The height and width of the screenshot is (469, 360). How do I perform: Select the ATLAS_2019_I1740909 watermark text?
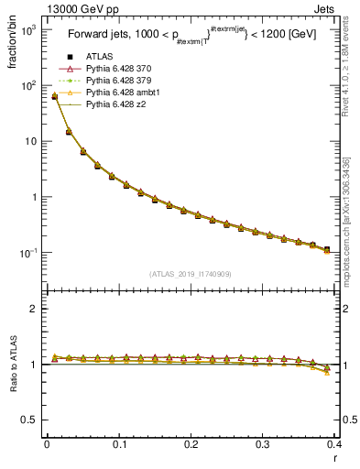(x=191, y=274)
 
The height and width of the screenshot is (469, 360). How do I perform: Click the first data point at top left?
(x=54, y=96)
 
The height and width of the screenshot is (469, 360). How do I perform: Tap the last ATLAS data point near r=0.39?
(x=327, y=248)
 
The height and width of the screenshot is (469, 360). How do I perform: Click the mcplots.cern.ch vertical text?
(x=348, y=211)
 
